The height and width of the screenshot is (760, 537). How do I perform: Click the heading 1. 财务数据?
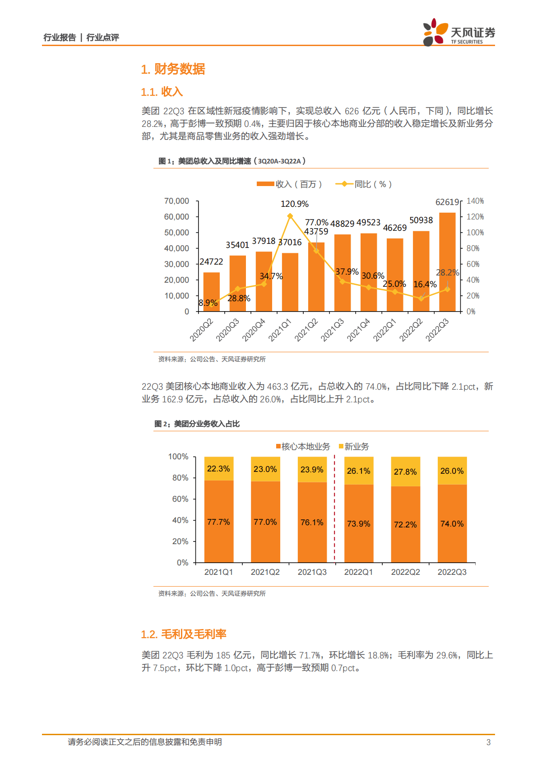173,69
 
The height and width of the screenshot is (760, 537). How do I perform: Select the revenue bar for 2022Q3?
447,262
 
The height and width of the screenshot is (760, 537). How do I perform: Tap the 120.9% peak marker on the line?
290,216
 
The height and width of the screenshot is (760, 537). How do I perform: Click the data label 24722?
211,262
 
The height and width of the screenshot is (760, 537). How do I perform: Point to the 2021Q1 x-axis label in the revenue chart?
280,330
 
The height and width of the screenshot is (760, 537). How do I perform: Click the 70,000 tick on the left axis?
176,201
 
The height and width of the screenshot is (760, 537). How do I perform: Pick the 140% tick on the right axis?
475,201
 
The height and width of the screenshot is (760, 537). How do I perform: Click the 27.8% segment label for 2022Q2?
405,472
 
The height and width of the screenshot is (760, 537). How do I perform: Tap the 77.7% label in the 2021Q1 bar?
218,522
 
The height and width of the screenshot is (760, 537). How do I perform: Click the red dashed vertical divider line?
334,510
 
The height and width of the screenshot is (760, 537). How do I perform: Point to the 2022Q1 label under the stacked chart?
358,572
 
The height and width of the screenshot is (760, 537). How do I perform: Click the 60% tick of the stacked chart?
180,499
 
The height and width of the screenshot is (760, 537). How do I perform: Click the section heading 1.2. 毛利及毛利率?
183,634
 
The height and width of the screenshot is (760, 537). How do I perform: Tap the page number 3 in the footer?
488,742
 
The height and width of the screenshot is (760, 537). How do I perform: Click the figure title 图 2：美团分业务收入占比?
197,424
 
